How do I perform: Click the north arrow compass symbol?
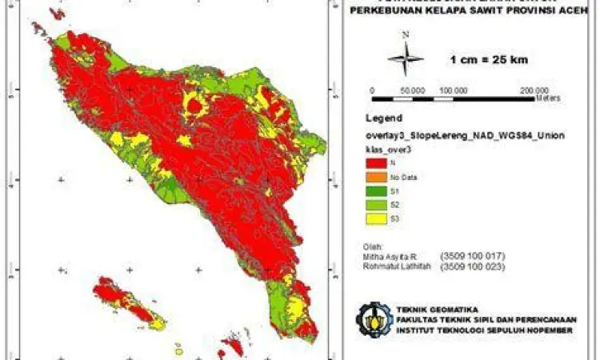pyautogui.click(x=406, y=58)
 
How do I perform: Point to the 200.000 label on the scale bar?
pyautogui.click(x=534, y=90)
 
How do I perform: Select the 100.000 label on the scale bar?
pyautogui.click(x=453, y=90)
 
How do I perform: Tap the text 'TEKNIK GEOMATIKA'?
pyautogui.click(x=426, y=309)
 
